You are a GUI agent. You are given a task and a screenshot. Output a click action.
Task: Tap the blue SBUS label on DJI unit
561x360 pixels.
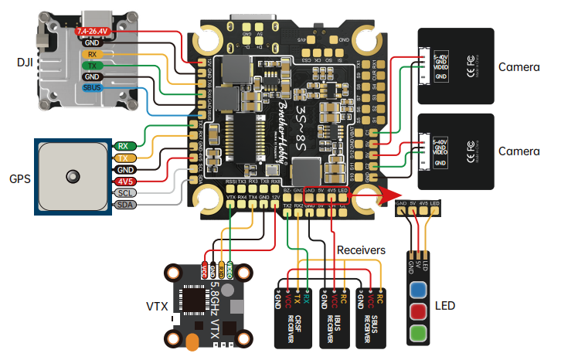coord(92,88)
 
